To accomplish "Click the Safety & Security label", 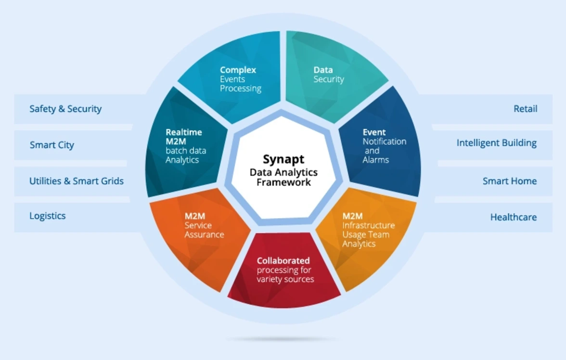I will (65, 109).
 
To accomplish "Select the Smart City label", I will (52, 145).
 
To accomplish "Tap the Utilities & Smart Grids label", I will (77, 181).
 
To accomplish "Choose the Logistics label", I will (48, 216).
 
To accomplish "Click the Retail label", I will (525, 109).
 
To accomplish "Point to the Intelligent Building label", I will (496, 143).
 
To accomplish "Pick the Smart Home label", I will (509, 181).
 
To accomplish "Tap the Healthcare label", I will (513, 217).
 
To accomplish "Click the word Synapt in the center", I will (283, 159).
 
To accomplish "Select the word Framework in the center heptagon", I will (283, 182).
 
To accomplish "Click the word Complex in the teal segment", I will (238, 70).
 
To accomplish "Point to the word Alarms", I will (376, 160).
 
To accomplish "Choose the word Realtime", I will (183, 132).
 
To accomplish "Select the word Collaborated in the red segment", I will (283, 260).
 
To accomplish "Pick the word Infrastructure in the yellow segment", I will (368, 225).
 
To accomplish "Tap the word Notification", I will (384, 141).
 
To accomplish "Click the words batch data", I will (186, 151).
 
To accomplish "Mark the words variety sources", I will (285, 279).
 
